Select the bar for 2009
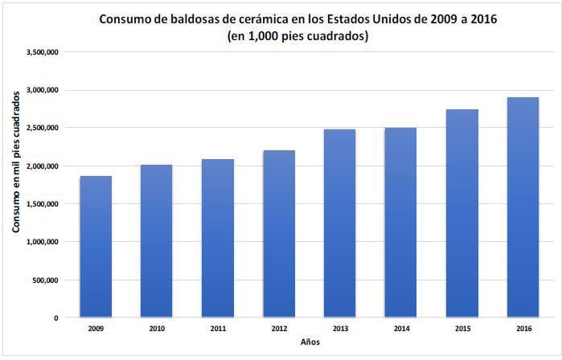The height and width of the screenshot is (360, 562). pyautogui.click(x=95, y=247)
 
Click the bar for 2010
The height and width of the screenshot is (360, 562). pyautogui.click(x=156, y=241)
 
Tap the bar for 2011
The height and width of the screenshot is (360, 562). pyautogui.click(x=217, y=238)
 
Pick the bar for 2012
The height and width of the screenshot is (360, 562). pyautogui.click(x=278, y=234)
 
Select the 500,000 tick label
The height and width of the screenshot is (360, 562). pyautogui.click(x=45, y=280)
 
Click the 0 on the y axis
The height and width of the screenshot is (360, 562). pyautogui.click(x=55, y=318)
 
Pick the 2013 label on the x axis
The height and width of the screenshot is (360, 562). pyautogui.click(x=339, y=329)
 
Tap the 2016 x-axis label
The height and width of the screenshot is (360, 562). pyautogui.click(x=523, y=329)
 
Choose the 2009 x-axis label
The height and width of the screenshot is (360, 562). pyautogui.click(x=95, y=329)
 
